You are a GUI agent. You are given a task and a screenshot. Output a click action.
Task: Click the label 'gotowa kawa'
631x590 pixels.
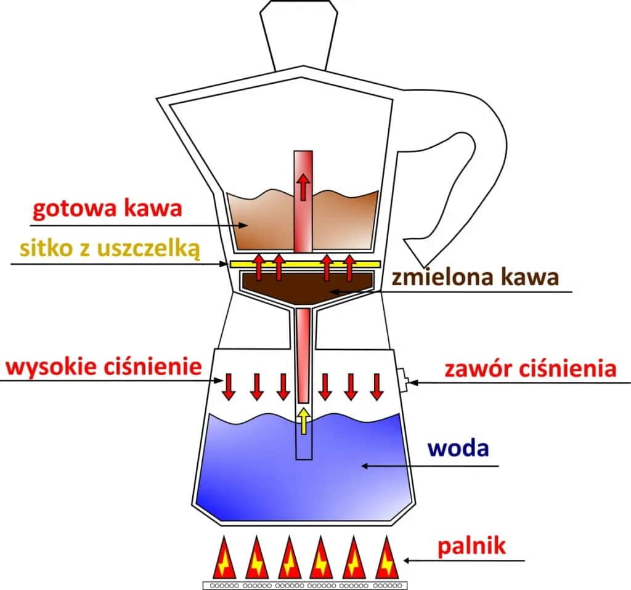[x=107, y=209]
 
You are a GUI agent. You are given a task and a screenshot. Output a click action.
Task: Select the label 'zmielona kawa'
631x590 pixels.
[x=475, y=277]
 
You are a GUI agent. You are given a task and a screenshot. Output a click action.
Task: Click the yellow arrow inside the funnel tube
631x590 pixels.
[x=303, y=420]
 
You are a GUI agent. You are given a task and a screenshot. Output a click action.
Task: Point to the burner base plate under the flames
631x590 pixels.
[x=305, y=584]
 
